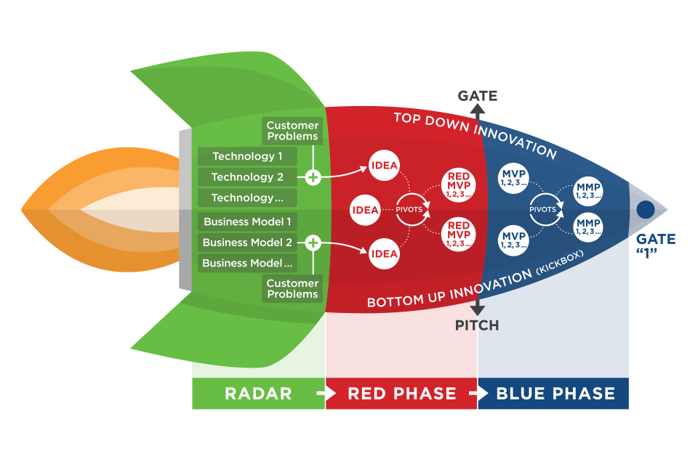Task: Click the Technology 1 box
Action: [247, 156]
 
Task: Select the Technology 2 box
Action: [247, 177]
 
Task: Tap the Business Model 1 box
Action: [247, 222]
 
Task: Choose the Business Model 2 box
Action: [247, 243]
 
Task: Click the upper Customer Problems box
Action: [292, 131]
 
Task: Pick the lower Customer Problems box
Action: [292, 288]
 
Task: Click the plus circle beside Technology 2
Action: [313, 177]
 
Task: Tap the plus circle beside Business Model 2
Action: [313, 243]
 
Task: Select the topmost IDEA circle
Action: [384, 165]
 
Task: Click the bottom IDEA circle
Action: [384, 253]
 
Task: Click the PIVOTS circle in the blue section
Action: [543, 209]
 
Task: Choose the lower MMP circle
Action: [588, 227]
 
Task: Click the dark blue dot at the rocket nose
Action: [645, 210]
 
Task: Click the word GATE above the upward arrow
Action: [477, 96]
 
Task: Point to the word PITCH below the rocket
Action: [477, 325]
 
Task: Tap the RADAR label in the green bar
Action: [258, 394]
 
